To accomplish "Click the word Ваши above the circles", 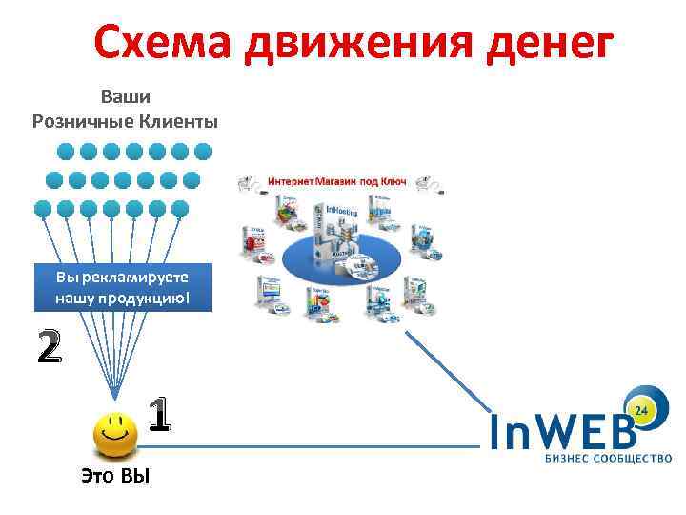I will [x=126, y=96].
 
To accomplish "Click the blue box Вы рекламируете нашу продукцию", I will [x=123, y=287].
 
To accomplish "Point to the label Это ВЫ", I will [x=116, y=476].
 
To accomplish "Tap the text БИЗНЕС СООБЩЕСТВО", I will [x=608, y=459].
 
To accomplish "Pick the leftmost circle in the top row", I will [x=66, y=151].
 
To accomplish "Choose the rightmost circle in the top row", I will [x=203, y=151].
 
